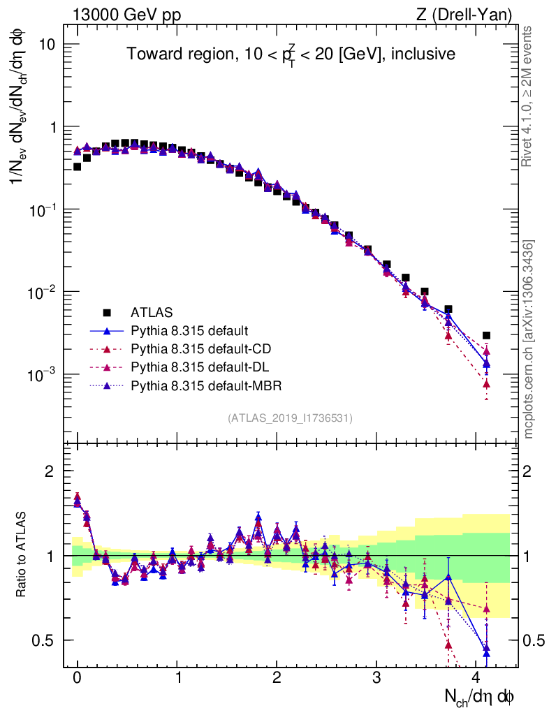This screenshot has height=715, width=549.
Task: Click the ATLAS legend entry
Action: (x=151, y=312)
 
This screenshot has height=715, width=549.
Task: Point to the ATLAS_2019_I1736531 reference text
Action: (x=290, y=418)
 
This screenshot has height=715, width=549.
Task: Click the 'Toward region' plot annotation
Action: (x=291, y=54)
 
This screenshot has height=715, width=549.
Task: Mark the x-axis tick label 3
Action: (x=376, y=678)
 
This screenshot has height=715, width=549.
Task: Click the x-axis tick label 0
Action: (x=78, y=678)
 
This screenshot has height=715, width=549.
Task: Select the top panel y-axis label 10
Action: (x=45, y=45)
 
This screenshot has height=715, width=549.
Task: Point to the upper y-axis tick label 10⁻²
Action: (x=42, y=292)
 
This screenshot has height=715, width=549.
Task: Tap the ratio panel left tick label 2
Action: (x=50, y=471)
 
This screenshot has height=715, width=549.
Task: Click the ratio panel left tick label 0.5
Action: (x=43, y=640)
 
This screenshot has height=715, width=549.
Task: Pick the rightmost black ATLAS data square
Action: (x=486, y=336)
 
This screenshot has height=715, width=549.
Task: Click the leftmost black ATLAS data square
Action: (x=77, y=166)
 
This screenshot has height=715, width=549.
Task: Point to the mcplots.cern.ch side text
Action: (x=529, y=339)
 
